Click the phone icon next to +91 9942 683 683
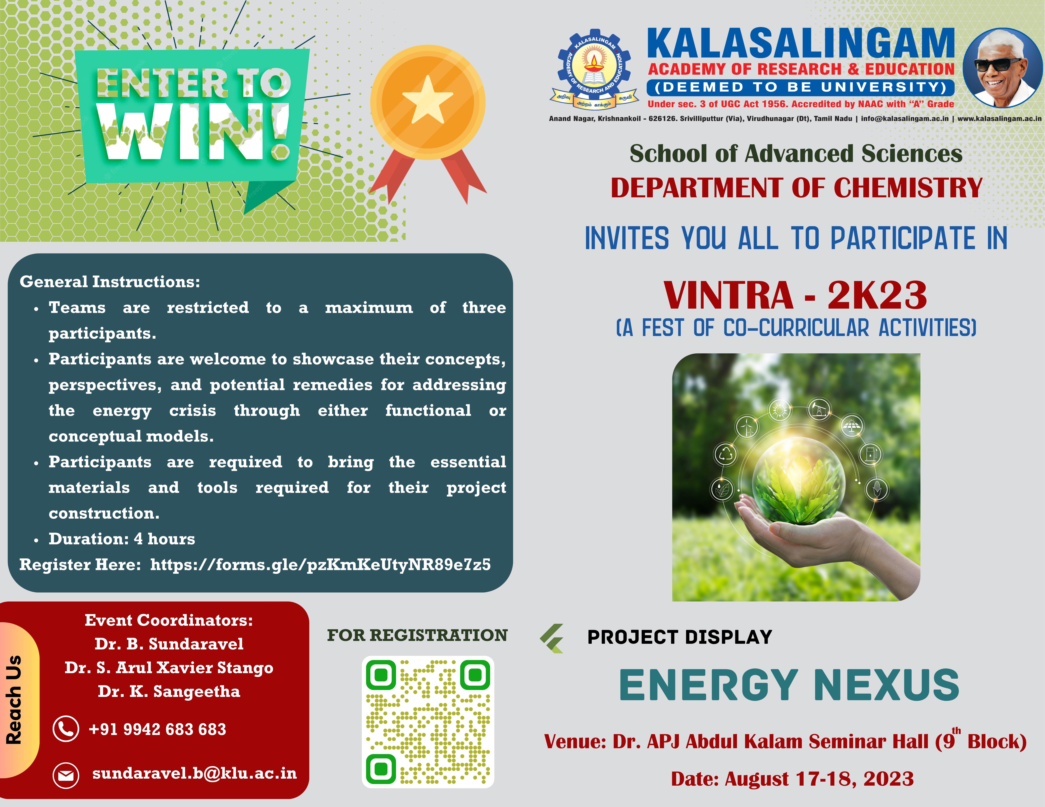pyautogui.click(x=66, y=729)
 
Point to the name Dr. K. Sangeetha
pyautogui.click(x=169, y=691)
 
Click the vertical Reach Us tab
pyautogui.click(x=15, y=699)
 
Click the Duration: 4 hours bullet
pyautogui.click(x=122, y=539)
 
